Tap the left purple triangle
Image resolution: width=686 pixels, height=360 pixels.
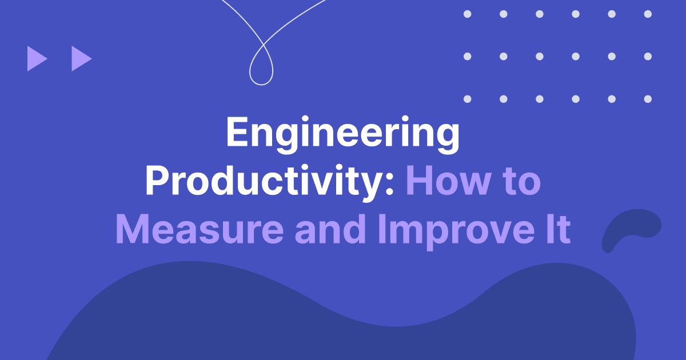point(37,59)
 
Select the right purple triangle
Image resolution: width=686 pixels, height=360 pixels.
point(81,59)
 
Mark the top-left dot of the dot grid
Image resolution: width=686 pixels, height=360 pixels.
point(468,14)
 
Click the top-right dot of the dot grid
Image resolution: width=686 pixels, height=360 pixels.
point(648,14)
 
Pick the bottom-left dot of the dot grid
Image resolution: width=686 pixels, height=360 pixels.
point(468,99)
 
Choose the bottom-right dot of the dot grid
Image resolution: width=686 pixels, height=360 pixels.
point(648,99)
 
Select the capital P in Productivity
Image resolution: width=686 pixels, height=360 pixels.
point(157,182)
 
